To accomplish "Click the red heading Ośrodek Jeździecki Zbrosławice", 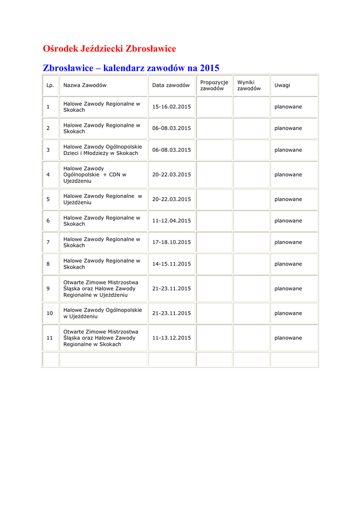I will coord(109,49).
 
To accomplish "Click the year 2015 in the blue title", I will coord(209,68).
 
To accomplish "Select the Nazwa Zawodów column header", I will coord(85,85).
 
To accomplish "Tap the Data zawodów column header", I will coord(171,85).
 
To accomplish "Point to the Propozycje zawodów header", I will coord(214,85).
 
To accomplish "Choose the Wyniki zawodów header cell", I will coord(249,85).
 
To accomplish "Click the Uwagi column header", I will coord(282,85).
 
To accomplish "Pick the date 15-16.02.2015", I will coord(172,107).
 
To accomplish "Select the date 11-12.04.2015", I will coord(172,221).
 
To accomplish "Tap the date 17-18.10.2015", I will coord(172,242).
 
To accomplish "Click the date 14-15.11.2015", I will coord(172,264).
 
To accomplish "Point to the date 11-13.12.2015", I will coord(172,338).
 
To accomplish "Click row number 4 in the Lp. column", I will coord(48,175).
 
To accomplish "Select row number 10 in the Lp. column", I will coord(50,313).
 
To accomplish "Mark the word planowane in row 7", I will coord(288,242).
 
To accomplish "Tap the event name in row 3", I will coord(102,150).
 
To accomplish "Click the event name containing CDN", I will coord(94,175).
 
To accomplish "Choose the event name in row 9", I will coord(101,288).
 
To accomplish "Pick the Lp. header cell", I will coord(50,85).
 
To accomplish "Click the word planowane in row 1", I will coord(288,107).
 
